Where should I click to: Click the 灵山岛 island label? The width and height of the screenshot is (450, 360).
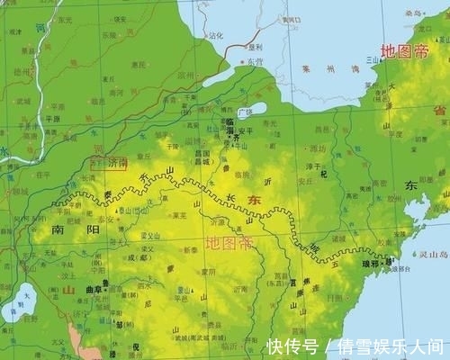433,254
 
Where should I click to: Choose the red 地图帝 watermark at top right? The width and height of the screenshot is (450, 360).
404,52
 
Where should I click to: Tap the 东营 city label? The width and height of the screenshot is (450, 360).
255,61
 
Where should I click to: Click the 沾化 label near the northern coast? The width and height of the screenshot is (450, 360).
215,37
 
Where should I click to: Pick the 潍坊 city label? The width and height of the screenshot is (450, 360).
319,148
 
